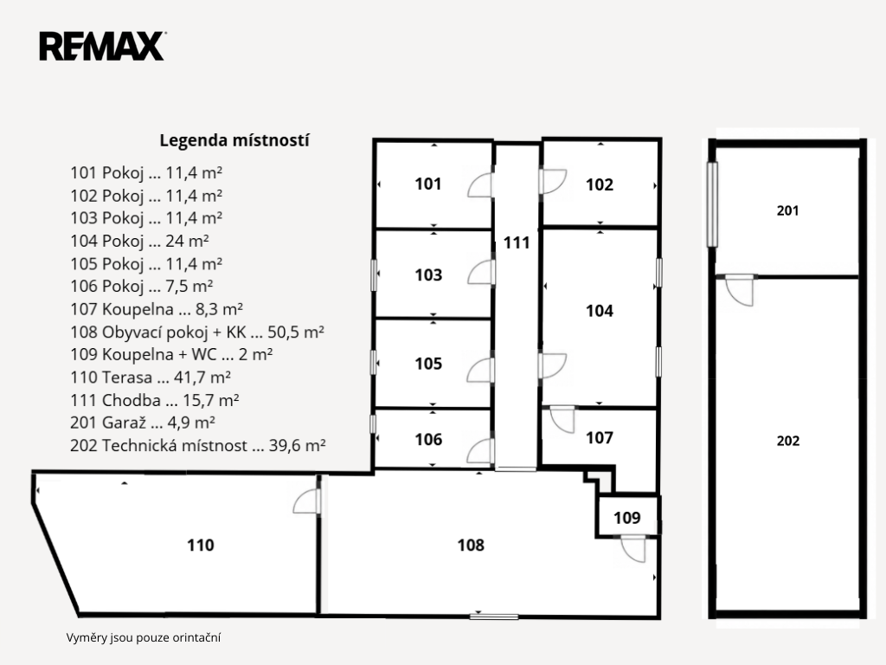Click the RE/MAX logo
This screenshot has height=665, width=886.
[x=102, y=47]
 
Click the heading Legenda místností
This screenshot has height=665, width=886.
[x=234, y=140]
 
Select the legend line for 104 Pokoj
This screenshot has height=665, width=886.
[x=139, y=241]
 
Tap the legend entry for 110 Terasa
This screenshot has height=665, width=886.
[x=151, y=378]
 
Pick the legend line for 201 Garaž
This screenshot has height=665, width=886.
[x=143, y=423]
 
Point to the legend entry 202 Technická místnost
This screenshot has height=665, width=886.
[x=198, y=446]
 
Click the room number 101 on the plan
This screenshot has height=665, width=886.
[x=428, y=184]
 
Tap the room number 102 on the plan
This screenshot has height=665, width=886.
[x=600, y=184]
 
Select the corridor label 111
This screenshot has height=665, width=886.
[x=517, y=242]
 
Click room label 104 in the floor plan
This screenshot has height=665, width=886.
[x=600, y=311]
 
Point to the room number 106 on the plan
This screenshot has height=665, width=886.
[x=428, y=439]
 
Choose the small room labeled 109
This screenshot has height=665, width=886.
[x=627, y=518]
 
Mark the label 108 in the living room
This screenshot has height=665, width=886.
[x=471, y=546]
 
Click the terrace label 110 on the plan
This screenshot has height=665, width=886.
[x=201, y=546]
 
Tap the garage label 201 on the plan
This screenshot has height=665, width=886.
[x=787, y=211]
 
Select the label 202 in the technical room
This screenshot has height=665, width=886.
[x=788, y=441]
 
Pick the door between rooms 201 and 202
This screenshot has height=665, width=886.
[x=739, y=290]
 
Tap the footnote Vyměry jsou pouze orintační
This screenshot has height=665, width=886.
[x=144, y=638]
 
